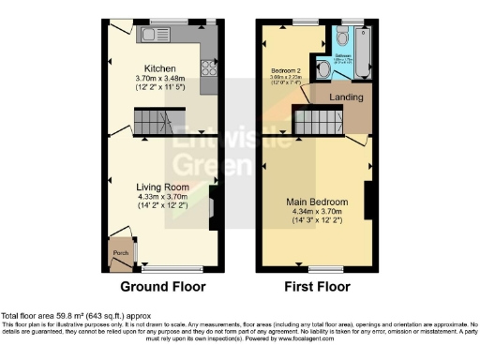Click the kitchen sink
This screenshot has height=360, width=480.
point(151,35)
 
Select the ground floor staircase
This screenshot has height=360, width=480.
point(150,120)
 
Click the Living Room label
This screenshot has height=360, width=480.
point(162,187)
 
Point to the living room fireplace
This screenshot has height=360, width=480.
point(213,204)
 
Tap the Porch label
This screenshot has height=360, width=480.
point(120,252)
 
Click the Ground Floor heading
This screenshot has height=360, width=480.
point(163,286)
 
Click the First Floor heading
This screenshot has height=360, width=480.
point(313,286)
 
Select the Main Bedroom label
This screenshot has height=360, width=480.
point(319,202)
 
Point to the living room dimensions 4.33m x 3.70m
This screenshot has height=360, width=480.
point(162,197)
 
